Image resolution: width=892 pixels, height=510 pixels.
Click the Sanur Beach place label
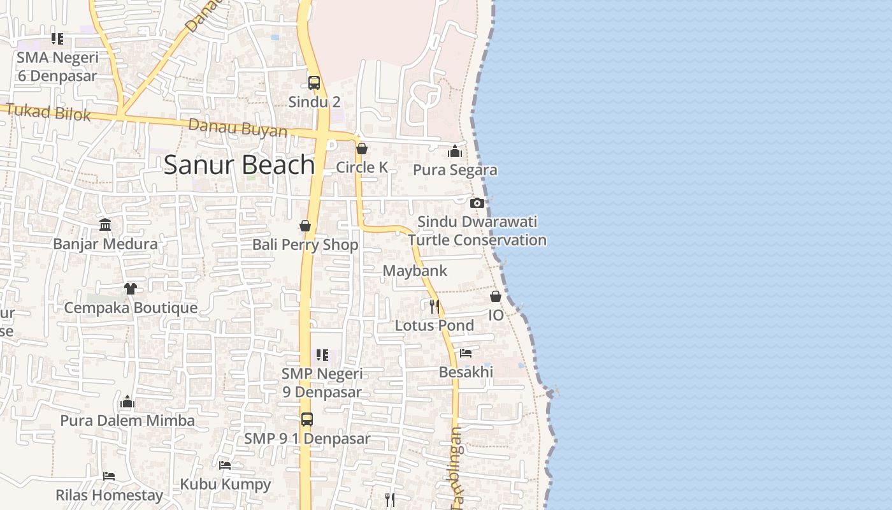pyautogui.click(x=239, y=165)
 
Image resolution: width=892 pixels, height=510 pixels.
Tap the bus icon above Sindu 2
pyautogui.click(x=314, y=83)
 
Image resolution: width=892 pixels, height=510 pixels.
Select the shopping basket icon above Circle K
pyautogui.click(x=362, y=149)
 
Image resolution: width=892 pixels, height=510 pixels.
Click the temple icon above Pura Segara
pyautogui.click(x=454, y=151)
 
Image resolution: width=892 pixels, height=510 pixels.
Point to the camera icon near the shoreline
pyautogui.click(x=477, y=203)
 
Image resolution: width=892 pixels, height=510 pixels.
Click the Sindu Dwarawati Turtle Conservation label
pyautogui.click(x=477, y=231)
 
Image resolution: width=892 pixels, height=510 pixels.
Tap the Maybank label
pyautogui.click(x=415, y=271)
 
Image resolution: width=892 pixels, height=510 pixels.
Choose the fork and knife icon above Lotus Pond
pyautogui.click(x=434, y=307)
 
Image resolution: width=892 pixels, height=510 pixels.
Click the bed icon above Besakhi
pyautogui.click(x=466, y=353)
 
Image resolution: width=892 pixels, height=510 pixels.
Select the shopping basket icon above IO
pyautogui.click(x=496, y=296)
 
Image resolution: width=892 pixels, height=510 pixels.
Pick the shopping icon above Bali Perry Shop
pyautogui.click(x=305, y=226)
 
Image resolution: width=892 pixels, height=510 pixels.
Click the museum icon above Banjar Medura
pyautogui.click(x=105, y=225)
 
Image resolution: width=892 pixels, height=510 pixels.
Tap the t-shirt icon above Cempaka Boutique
pyautogui.click(x=131, y=289)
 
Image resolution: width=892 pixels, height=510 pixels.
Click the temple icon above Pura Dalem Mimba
pyautogui.click(x=127, y=402)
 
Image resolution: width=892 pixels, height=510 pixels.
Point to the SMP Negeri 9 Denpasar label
pyautogui.click(x=322, y=382)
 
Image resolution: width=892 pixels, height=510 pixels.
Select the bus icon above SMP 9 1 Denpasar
pyautogui.click(x=307, y=419)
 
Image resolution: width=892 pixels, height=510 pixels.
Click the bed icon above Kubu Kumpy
pyautogui.click(x=225, y=465)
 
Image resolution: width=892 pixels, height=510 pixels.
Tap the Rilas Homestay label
pyautogui.click(x=109, y=495)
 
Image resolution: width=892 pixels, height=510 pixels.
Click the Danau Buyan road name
pyautogui.click(x=238, y=127)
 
